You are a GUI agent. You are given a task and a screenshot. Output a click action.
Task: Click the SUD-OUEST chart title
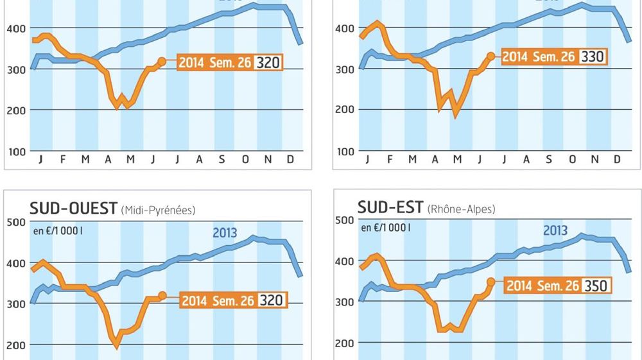click(x=73, y=208)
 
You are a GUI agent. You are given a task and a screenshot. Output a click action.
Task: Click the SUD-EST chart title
click(x=390, y=207)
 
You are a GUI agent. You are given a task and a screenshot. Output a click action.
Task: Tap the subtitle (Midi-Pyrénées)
click(x=157, y=210)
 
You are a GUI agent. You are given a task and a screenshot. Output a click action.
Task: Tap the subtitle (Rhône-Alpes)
click(x=462, y=209)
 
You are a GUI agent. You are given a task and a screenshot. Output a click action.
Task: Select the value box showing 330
click(x=592, y=56)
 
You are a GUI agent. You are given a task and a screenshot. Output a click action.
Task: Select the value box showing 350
click(x=596, y=286)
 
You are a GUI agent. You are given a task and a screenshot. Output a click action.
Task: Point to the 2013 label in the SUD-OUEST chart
click(x=224, y=232)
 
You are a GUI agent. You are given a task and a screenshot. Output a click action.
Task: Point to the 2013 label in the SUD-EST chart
click(x=556, y=230)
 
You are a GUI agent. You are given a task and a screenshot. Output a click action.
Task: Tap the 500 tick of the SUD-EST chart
click(x=344, y=220)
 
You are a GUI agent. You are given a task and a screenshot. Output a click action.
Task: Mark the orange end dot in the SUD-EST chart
click(x=492, y=282)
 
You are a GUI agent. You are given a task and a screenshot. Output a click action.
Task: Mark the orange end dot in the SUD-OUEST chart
click(x=162, y=296)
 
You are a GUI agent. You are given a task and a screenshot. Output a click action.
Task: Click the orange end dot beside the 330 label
click(x=492, y=56)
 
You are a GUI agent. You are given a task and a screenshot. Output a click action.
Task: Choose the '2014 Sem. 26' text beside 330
click(x=538, y=56)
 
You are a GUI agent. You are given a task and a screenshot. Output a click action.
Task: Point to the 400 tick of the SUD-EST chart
click(x=344, y=261)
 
